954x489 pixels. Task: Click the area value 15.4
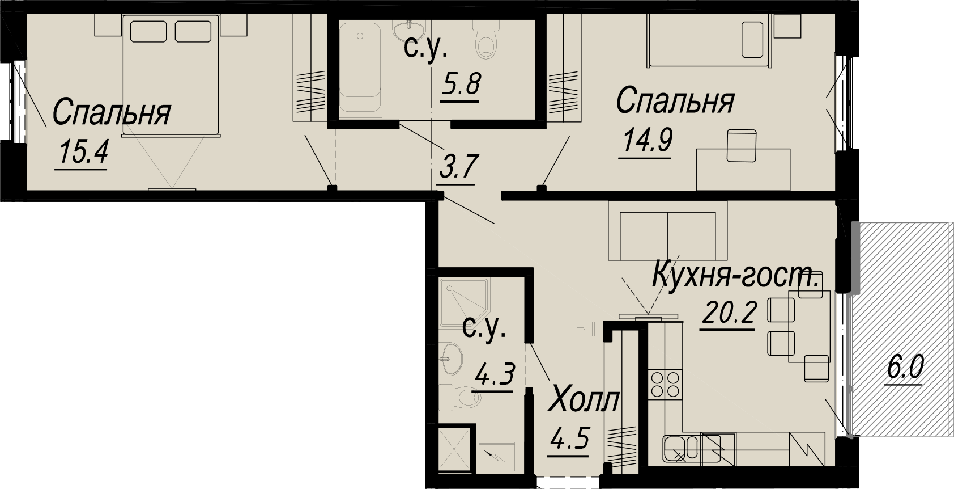point(84,152)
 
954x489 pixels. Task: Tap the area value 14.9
point(648,140)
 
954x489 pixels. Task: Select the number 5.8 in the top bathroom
point(461,85)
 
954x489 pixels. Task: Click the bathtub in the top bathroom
point(360,68)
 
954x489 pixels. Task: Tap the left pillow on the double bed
point(148,31)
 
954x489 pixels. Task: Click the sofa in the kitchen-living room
point(667,230)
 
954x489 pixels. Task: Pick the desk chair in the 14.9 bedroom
point(742,146)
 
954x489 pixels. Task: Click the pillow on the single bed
point(752,39)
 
